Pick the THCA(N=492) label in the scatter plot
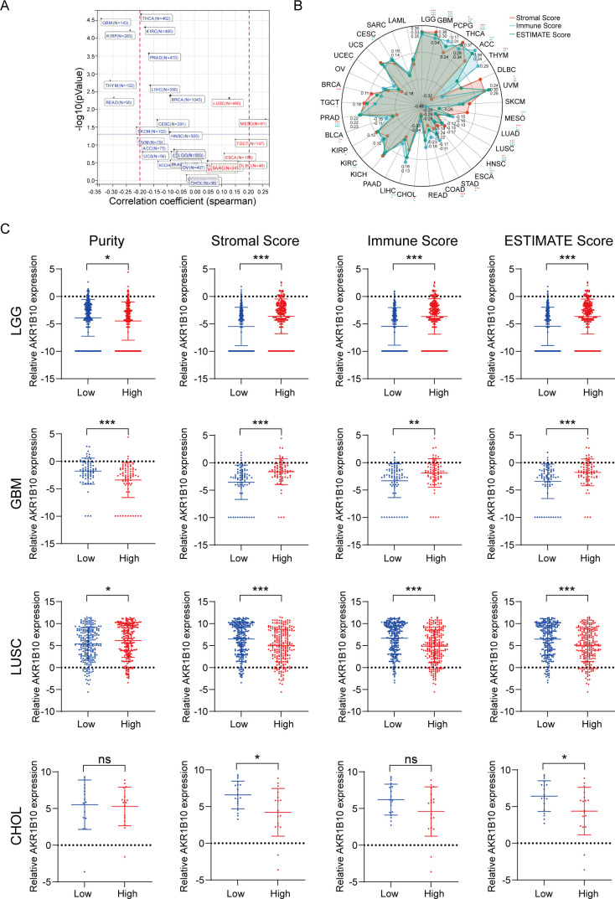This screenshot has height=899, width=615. pos(156,17)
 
